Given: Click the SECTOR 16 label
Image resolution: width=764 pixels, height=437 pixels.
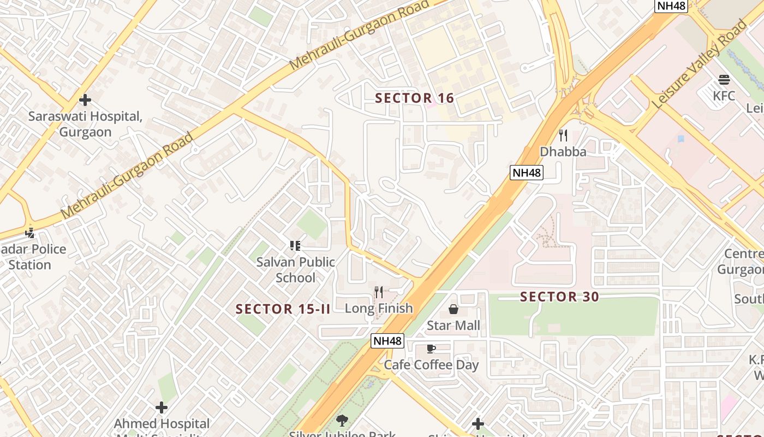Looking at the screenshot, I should (x=415, y=98).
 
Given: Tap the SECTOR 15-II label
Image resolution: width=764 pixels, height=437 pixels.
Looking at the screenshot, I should (x=283, y=309).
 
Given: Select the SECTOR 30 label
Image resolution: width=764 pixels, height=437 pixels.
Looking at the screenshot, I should (x=559, y=297).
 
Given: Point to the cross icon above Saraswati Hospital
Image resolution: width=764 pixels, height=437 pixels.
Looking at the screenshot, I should (x=85, y=100).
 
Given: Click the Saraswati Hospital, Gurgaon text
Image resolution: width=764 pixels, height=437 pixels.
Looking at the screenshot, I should (x=85, y=124).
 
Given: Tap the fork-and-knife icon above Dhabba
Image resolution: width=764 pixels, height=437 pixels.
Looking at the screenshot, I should (x=563, y=135).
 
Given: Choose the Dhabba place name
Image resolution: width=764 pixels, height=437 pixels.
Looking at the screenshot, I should (x=563, y=152).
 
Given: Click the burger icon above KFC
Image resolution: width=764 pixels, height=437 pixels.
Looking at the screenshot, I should (x=724, y=80).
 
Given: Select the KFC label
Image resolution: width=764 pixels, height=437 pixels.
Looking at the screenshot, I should (x=724, y=96).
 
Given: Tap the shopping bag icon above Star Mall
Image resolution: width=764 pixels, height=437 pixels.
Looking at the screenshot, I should (x=453, y=310).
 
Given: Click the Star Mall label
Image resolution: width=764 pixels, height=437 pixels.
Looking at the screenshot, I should (x=453, y=326).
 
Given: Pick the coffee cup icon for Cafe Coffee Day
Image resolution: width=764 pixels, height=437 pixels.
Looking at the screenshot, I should (x=431, y=349).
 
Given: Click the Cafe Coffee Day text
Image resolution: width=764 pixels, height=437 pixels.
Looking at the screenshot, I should (x=431, y=365).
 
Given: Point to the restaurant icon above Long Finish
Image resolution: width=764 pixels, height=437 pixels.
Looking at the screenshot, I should (x=379, y=292).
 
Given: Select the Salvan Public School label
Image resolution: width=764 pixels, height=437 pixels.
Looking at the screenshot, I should (x=295, y=270).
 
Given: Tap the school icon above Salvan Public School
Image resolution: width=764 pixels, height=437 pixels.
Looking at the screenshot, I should (x=295, y=246).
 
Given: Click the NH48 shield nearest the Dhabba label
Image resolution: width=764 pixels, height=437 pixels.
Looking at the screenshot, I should (x=527, y=173).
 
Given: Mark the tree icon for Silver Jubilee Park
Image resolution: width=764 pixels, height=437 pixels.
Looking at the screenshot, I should (x=342, y=420).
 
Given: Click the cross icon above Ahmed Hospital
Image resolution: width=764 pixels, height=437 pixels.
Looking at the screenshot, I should (x=162, y=408).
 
